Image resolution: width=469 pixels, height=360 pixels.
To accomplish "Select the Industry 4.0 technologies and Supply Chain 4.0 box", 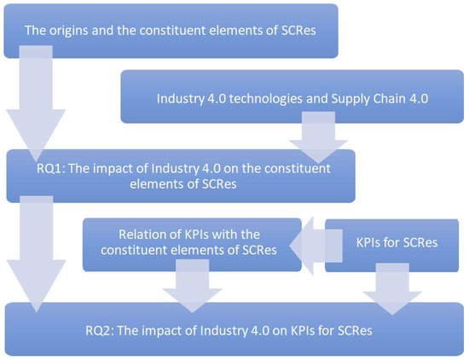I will click(290, 98).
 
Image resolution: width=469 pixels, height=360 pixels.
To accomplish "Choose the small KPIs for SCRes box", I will click(397, 243).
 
